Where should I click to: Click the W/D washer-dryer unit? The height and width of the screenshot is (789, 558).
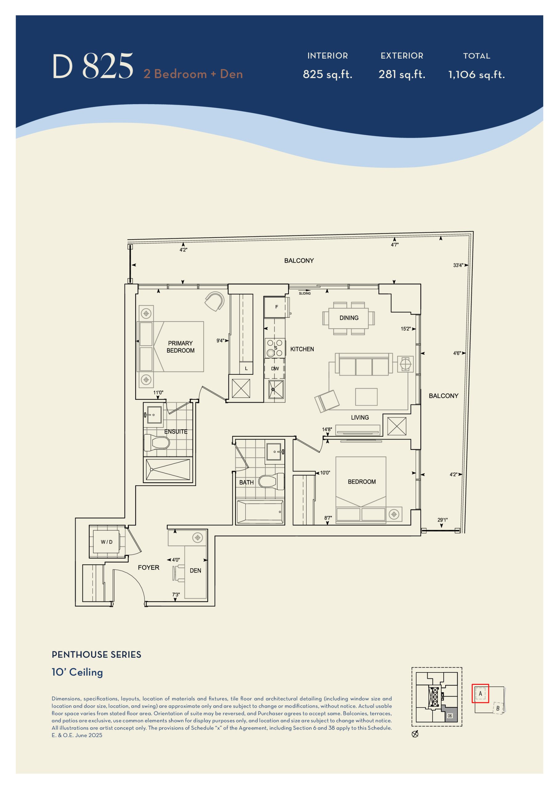click(x=106, y=542)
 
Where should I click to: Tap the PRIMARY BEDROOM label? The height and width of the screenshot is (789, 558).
click(x=180, y=347)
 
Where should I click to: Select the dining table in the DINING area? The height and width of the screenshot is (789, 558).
click(x=349, y=318)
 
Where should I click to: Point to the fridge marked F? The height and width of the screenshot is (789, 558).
click(x=276, y=307)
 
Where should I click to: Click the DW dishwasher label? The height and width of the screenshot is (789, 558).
click(x=275, y=368)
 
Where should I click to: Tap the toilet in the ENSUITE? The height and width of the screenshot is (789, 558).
click(x=156, y=443)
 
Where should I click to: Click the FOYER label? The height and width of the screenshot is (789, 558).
click(x=149, y=567)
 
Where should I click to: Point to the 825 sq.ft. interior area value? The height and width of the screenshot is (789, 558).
click(x=328, y=74)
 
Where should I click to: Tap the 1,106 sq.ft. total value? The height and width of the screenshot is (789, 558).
click(x=477, y=75)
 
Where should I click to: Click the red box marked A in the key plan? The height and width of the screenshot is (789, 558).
click(x=480, y=693)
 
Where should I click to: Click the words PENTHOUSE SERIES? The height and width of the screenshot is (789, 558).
click(x=96, y=655)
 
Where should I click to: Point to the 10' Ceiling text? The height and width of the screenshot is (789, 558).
click(x=77, y=672)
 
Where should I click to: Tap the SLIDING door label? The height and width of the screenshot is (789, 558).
click(x=305, y=293)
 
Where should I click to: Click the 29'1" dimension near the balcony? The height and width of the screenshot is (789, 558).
click(x=442, y=520)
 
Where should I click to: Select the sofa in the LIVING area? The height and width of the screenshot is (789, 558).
click(x=364, y=364)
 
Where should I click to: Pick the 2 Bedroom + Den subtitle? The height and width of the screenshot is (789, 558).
click(x=193, y=74)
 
